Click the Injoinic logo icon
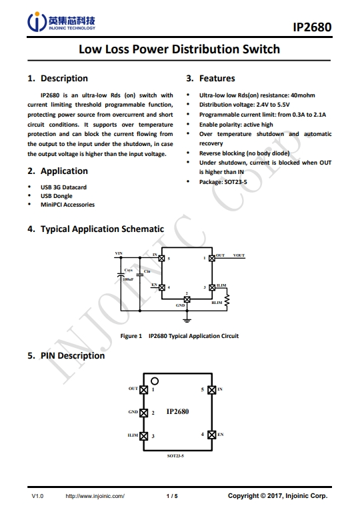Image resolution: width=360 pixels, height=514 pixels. (37, 21)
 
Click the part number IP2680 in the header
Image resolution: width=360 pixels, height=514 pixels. (312, 27)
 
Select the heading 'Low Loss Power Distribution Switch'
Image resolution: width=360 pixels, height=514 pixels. (179, 49)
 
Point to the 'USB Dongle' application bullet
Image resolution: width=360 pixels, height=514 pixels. (57, 196)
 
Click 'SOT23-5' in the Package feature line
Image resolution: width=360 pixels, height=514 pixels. (236, 182)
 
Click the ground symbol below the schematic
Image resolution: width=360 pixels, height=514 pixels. (187, 320)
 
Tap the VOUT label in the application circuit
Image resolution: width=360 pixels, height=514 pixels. (239, 255)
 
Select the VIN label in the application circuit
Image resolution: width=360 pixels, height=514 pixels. (119, 253)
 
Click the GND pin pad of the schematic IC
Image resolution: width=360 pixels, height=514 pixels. (187, 299)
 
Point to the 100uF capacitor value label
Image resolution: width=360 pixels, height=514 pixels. (128, 279)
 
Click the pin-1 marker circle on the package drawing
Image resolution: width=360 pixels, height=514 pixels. (155, 381)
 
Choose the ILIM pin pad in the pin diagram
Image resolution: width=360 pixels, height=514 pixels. (143, 436)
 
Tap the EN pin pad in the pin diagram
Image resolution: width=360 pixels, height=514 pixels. (212, 435)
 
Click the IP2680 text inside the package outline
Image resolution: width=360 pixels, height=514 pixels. (177, 412)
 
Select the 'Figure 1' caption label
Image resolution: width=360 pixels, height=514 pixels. (131, 336)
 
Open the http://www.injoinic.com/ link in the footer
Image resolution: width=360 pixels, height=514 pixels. (95, 496)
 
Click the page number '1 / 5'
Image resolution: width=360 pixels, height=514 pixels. (172, 496)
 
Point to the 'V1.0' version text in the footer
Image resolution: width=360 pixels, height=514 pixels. (37, 496)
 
